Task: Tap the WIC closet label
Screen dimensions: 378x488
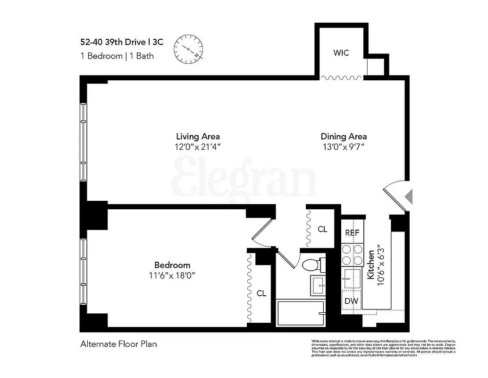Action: (x=341, y=53)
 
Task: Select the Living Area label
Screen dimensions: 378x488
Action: (x=198, y=137)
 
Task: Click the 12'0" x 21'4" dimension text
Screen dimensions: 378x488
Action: (x=198, y=147)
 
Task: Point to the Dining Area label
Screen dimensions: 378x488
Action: (x=344, y=137)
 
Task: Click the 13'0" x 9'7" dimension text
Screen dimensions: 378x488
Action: (x=344, y=147)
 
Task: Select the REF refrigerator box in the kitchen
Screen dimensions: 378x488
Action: (x=352, y=233)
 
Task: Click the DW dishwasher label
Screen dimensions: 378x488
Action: (x=350, y=301)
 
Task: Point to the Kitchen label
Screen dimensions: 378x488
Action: (x=371, y=266)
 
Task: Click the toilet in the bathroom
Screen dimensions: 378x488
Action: (x=312, y=265)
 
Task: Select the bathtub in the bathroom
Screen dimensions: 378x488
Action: (x=301, y=313)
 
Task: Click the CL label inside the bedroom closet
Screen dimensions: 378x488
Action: (x=261, y=293)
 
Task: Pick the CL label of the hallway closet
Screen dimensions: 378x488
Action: (x=322, y=230)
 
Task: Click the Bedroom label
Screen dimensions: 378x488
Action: (x=172, y=265)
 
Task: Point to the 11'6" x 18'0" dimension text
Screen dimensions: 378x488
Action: (x=172, y=275)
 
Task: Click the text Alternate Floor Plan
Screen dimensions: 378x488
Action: (x=118, y=344)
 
